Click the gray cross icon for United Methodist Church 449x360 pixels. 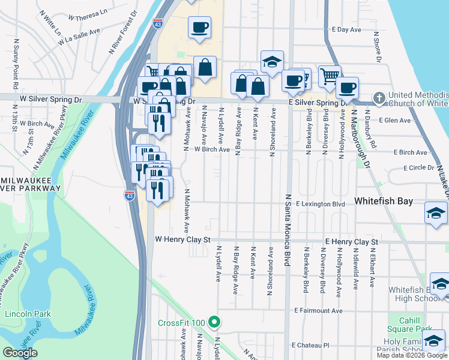(x=379, y=98)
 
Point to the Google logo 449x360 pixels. (x=20, y=353)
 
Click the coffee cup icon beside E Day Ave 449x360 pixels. (x=199, y=27)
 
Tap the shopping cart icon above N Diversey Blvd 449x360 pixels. (x=330, y=76)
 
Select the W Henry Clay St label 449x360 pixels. (x=183, y=239)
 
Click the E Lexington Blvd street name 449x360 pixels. (x=320, y=204)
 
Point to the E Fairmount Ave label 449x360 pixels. (x=319, y=310)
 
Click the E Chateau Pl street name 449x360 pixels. (x=310, y=345)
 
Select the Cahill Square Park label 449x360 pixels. (x=411, y=325)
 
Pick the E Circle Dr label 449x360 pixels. (x=418, y=167)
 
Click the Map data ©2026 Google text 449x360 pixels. (x=411, y=355)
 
